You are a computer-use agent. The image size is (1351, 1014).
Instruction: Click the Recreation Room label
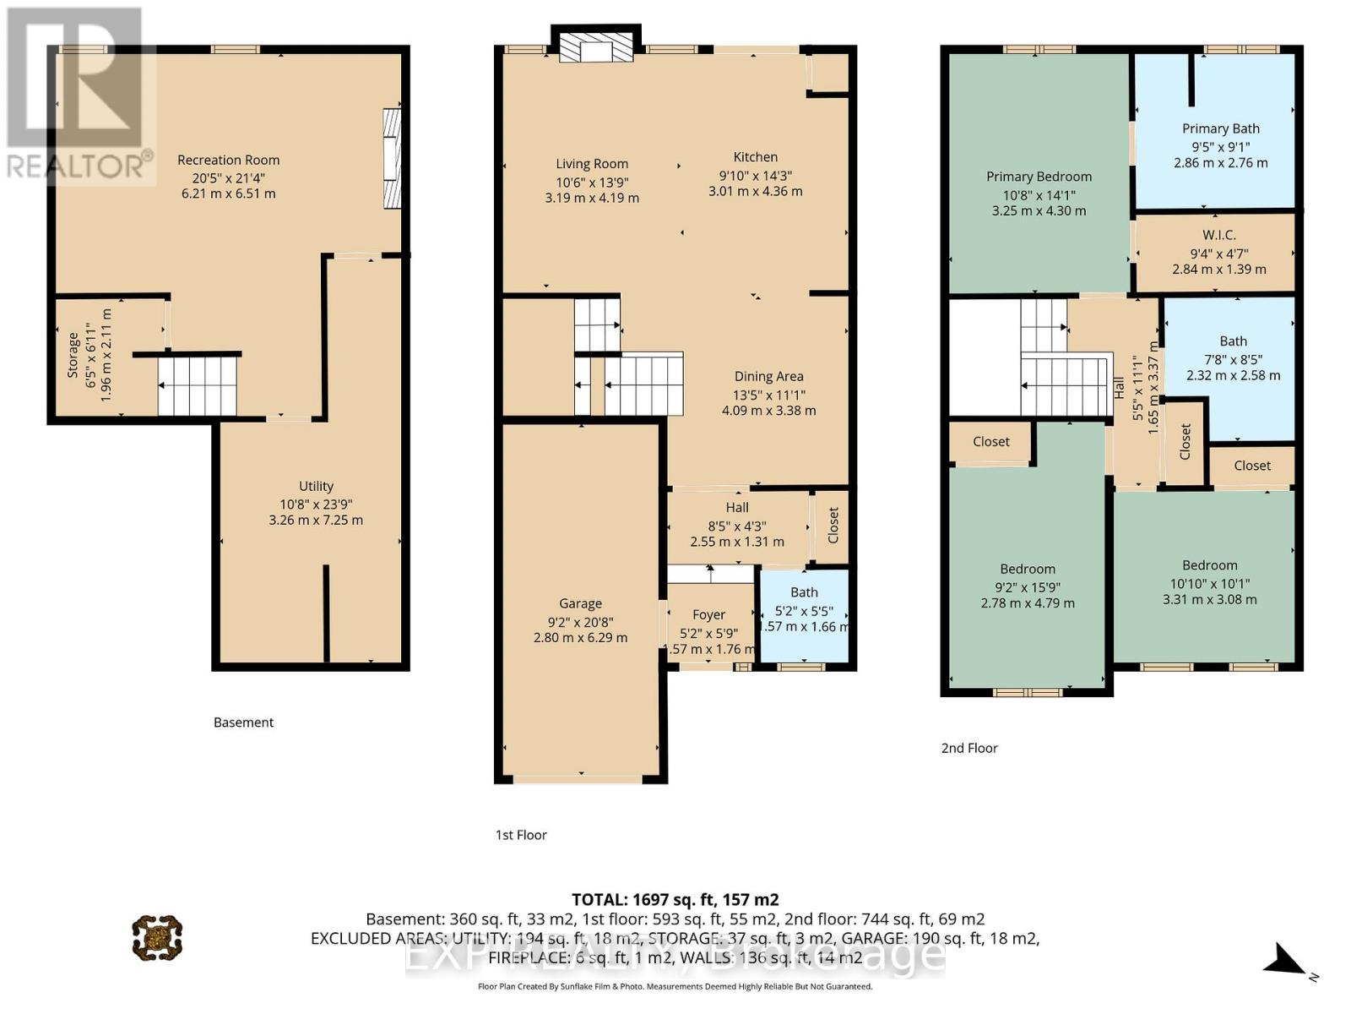point(228,160)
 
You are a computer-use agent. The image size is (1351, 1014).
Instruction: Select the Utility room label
point(316,486)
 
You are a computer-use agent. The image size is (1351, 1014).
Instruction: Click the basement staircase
point(198,386)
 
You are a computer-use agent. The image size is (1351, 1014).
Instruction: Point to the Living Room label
point(591,164)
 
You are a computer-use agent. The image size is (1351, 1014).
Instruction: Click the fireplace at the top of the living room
point(596,47)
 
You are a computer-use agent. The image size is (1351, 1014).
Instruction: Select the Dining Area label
point(768,377)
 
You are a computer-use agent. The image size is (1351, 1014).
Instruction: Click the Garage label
point(580,603)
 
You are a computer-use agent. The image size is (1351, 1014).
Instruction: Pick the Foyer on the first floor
point(708,615)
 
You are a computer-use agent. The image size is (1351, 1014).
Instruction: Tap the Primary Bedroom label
point(1039,177)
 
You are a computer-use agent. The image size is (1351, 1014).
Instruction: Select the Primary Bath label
point(1220,128)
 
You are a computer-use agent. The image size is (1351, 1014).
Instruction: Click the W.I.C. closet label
point(1218,235)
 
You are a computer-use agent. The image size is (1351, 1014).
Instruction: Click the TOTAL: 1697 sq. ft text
point(675,900)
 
